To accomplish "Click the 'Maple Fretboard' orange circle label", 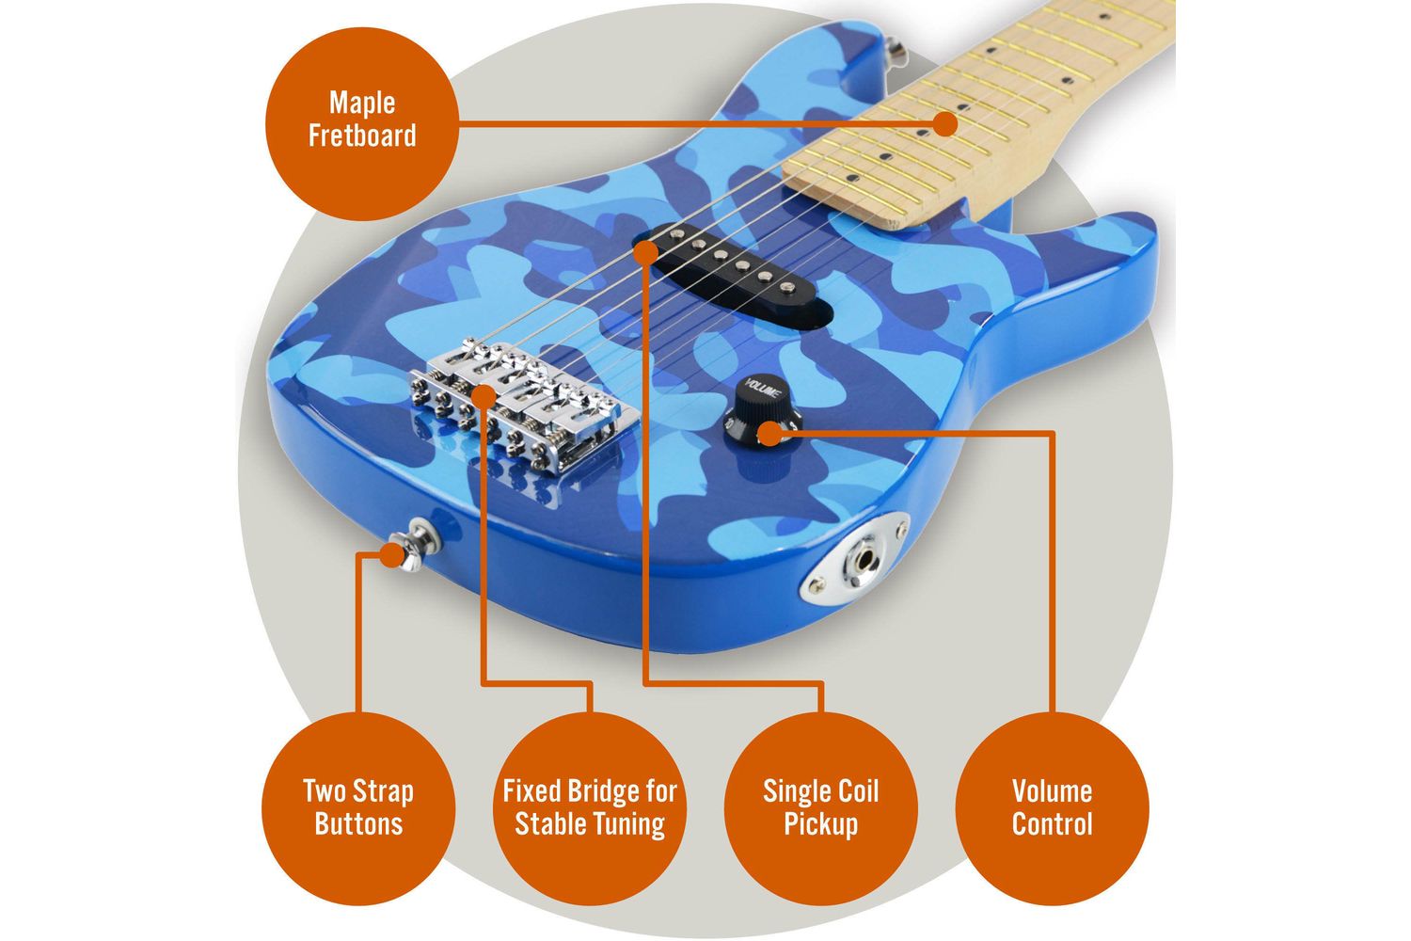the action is click(362, 123).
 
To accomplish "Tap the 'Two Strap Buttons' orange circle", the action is click(358, 808).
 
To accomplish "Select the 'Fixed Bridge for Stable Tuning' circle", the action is click(590, 808).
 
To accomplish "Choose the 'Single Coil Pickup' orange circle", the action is click(821, 808).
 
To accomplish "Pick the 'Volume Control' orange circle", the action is click(1052, 808).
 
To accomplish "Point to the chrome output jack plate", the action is click(855, 559).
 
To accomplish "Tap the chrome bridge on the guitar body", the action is click(524, 404).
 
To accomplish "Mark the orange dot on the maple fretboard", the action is click(944, 123).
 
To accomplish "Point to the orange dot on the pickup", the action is click(645, 252).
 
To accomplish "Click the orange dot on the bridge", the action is click(484, 396).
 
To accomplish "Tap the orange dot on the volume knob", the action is click(769, 434).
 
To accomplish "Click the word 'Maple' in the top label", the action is click(362, 104).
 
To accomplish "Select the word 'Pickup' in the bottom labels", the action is click(821, 824).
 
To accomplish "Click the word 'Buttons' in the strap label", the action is click(358, 823).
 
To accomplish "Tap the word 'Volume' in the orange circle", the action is click(1052, 791).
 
